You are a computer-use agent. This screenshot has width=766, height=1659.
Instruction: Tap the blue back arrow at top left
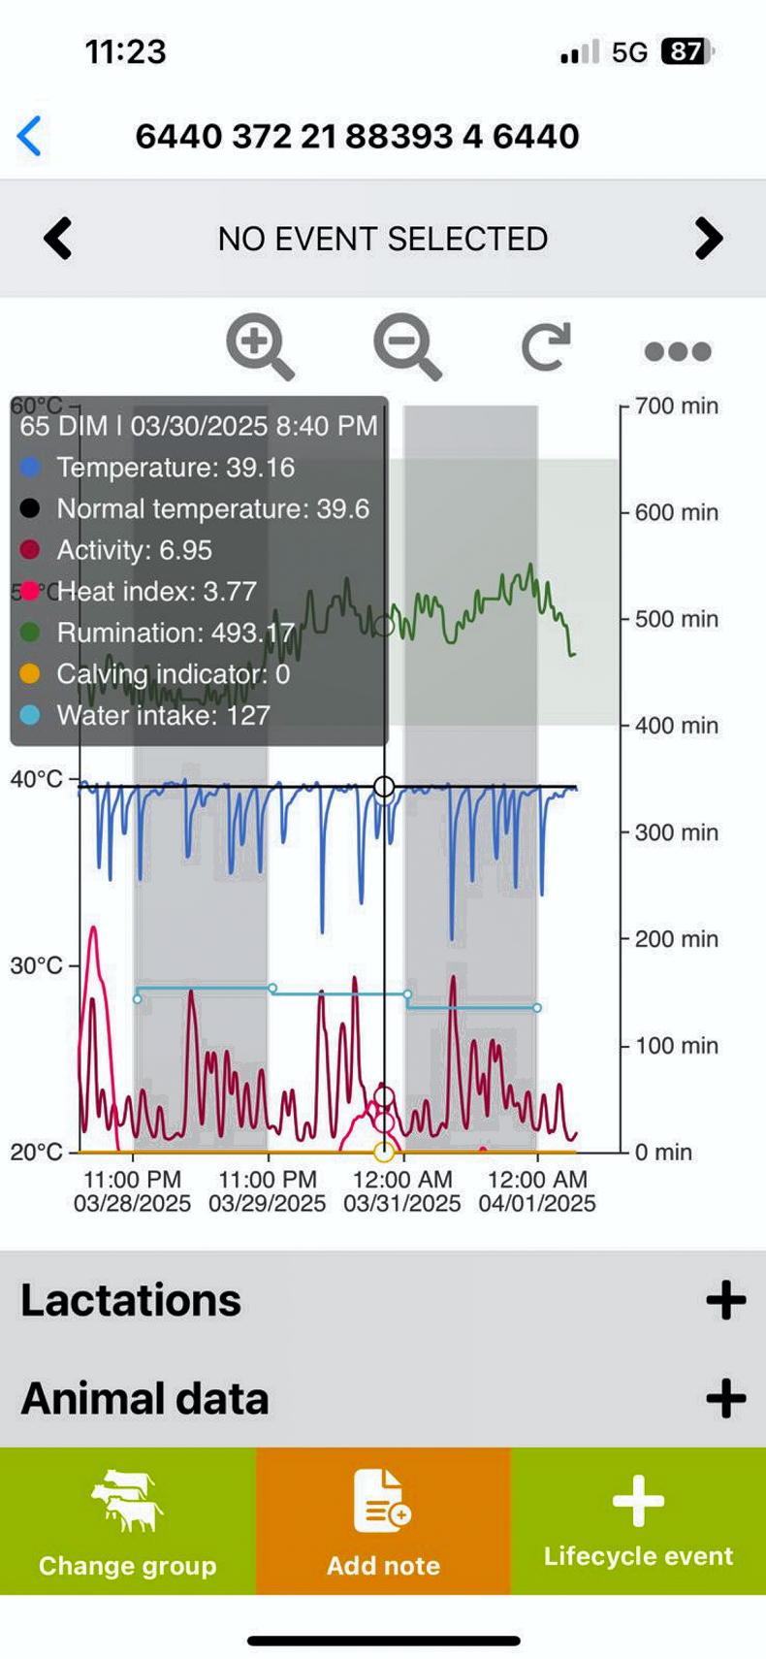point(30,136)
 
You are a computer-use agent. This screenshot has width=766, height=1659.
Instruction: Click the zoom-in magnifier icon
point(259,348)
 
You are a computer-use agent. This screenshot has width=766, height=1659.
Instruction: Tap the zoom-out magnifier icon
point(406,348)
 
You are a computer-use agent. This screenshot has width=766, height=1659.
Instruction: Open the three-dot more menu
point(678,351)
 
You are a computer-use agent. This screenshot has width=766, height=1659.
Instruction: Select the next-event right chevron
point(709,239)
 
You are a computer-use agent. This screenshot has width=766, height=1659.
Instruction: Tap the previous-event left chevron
point(58,239)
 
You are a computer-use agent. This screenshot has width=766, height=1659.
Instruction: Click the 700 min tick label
point(677,406)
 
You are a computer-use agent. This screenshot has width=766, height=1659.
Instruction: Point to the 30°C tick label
point(36,965)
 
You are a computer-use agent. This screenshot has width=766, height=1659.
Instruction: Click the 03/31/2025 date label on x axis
point(402,1204)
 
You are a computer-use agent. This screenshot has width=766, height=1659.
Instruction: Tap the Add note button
point(383,1520)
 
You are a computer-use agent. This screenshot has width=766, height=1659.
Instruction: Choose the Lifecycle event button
point(638,1520)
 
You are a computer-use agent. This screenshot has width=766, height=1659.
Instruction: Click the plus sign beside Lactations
point(725,1300)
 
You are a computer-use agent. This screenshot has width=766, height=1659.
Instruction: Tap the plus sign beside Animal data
point(725,1398)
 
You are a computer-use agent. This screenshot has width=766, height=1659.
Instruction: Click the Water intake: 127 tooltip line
point(163,715)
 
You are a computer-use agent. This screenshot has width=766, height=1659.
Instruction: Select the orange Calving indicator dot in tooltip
point(30,673)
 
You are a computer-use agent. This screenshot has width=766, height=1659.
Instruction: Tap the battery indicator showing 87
point(686,51)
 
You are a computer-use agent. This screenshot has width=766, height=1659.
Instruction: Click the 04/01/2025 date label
point(537,1204)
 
